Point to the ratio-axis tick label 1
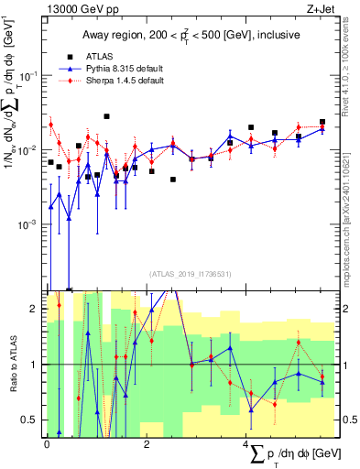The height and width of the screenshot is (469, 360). pyautogui.click(x=36, y=365)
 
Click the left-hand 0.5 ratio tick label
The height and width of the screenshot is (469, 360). pyautogui.click(x=32, y=420)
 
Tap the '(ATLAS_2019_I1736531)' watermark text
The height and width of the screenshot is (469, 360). pyautogui.click(x=190, y=272)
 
